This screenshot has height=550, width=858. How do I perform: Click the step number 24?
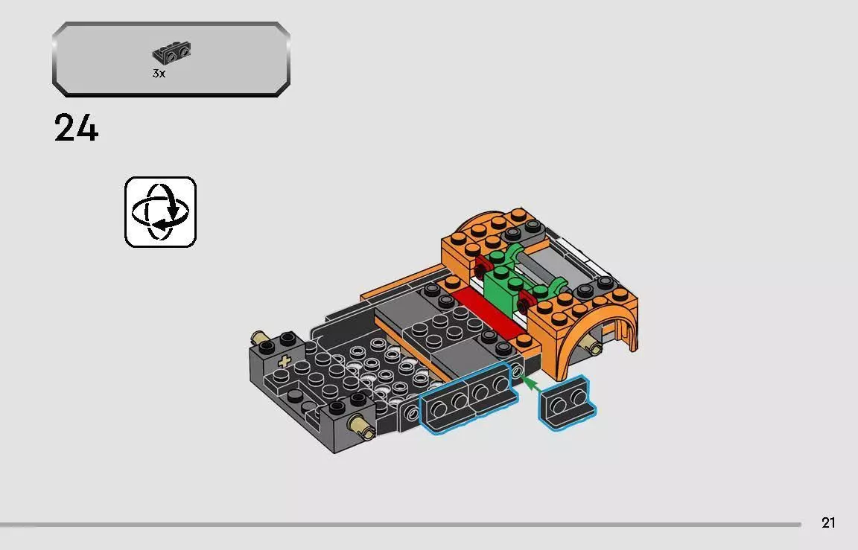[x=76, y=129]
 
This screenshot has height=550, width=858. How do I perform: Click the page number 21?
[x=828, y=523]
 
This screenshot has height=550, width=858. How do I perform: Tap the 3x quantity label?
[x=158, y=74]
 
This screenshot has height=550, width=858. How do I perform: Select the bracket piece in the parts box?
[x=171, y=54]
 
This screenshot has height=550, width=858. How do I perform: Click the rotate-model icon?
[x=160, y=211]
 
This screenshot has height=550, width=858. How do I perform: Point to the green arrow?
[x=530, y=384]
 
